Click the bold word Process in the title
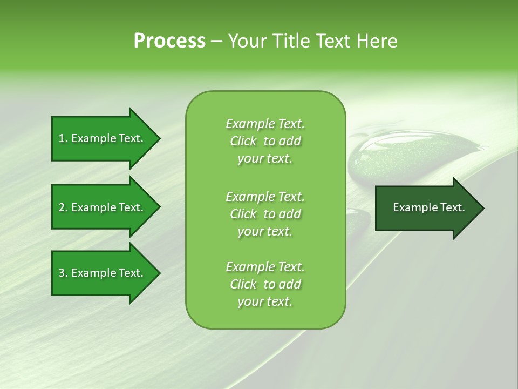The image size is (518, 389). click(x=169, y=41)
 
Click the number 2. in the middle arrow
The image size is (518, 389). click(x=63, y=207)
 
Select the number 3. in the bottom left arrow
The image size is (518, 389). click(x=63, y=273)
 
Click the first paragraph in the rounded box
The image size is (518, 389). click(x=265, y=141)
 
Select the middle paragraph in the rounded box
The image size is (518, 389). click(x=265, y=213)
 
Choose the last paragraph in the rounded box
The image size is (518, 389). click(x=265, y=284)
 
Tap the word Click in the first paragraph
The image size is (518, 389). click(x=243, y=141)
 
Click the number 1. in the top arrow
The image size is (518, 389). click(x=63, y=138)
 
